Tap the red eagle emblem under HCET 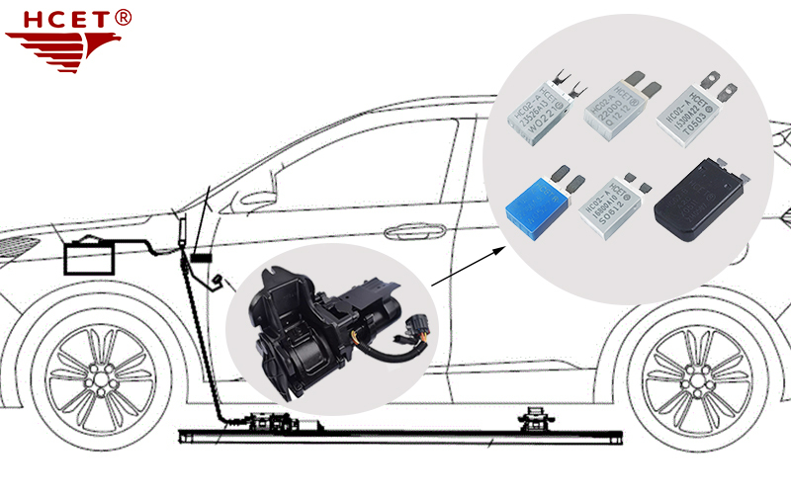[60, 45]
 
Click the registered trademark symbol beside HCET [123, 17]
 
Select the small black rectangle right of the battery [202, 259]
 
